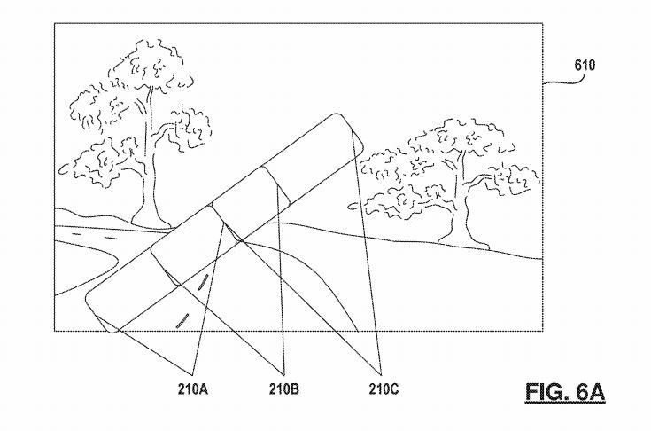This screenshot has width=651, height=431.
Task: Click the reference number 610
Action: point(585,65)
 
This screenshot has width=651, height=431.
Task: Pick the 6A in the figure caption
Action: point(585,391)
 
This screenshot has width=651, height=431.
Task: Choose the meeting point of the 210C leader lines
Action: point(382,371)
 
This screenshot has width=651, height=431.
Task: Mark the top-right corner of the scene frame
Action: point(542,24)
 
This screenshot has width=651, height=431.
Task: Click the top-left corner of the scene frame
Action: point(55,24)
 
